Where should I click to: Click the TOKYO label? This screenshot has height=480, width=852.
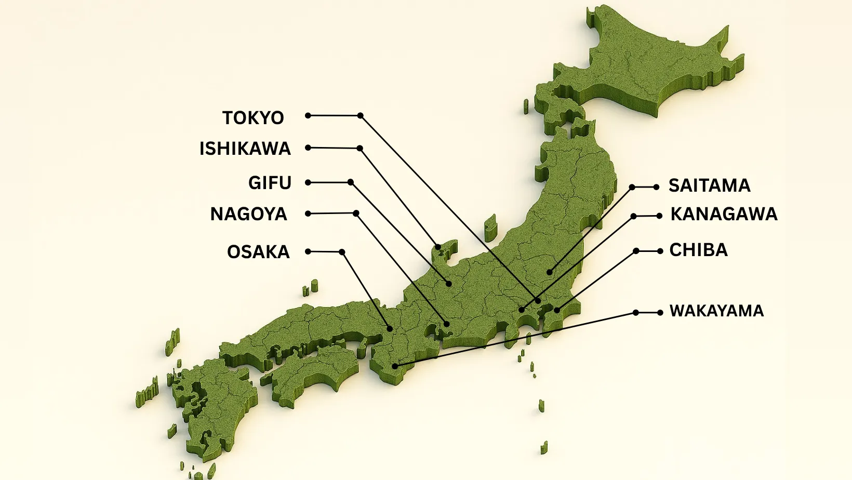(253, 118)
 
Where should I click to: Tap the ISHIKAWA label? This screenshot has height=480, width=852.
(245, 149)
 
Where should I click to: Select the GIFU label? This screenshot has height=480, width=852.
(270, 183)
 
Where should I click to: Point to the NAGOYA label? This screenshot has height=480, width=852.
(248, 214)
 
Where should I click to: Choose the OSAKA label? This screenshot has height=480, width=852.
(258, 252)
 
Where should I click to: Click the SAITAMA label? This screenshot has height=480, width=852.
(709, 185)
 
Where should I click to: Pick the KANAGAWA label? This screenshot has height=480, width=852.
(724, 214)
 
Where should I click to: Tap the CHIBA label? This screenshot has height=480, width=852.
(698, 250)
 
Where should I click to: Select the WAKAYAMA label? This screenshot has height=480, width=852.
(716, 311)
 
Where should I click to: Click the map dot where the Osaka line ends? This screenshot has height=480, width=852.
(390, 328)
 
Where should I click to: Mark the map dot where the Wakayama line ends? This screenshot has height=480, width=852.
(395, 366)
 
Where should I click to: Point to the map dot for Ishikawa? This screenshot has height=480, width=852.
(438, 247)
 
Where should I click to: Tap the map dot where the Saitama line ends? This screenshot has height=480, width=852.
(549, 272)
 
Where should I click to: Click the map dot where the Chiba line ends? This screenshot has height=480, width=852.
(556, 311)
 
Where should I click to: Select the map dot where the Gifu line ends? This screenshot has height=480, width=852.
(449, 284)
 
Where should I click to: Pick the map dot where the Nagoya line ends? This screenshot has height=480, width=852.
(446, 324)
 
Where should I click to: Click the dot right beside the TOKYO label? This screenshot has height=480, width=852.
(308, 115)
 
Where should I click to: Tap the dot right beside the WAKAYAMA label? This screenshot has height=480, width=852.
(660, 313)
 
